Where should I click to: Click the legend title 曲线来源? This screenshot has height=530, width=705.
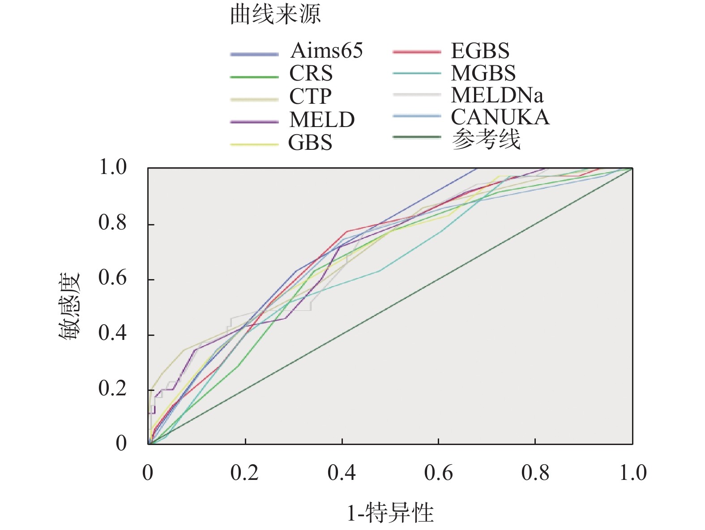[275, 15]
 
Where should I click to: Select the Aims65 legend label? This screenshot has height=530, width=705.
[326, 51]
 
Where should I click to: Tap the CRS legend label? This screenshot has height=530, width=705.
[311, 73]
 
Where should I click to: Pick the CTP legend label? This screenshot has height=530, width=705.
[310, 97]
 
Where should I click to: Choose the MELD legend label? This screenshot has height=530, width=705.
[322, 120]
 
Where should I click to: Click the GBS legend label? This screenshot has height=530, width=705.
[310, 143]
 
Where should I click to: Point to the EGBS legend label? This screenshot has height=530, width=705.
[480, 51]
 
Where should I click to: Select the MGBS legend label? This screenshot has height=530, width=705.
[483, 73]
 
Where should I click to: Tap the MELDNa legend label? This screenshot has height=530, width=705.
[497, 95]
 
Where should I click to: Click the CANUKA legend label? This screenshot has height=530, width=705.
[500, 117]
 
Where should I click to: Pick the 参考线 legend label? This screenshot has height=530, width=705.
[486, 140]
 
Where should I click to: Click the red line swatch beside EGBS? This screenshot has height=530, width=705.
[416, 52]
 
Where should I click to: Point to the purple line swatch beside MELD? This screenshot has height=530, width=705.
[254, 121]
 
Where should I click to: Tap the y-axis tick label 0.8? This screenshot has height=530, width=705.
[113, 223]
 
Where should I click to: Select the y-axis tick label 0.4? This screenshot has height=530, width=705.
[113, 333]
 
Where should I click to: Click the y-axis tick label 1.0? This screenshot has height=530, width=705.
[113, 168]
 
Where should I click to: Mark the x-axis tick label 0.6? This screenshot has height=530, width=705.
[439, 473]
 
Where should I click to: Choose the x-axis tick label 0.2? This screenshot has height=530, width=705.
[245, 473]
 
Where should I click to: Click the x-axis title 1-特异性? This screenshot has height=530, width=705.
[390, 513]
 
